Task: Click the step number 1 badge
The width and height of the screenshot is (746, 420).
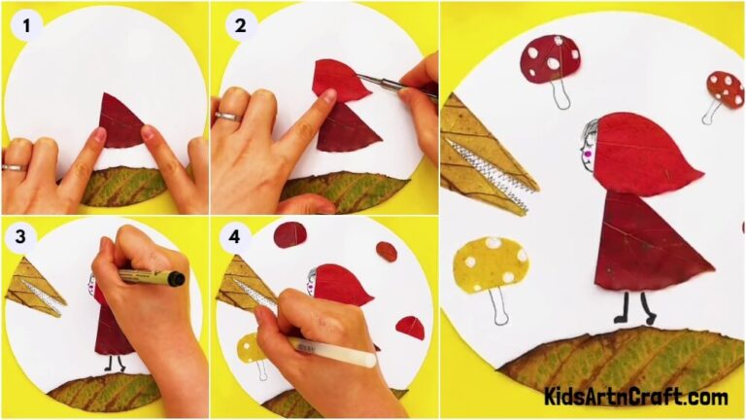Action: coord(27,26)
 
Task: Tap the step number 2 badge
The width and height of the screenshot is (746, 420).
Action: coord(238,26)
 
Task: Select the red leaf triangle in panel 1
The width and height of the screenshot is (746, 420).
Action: coord(119,123)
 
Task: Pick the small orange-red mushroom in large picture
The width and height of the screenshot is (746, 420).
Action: coord(724,88)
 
